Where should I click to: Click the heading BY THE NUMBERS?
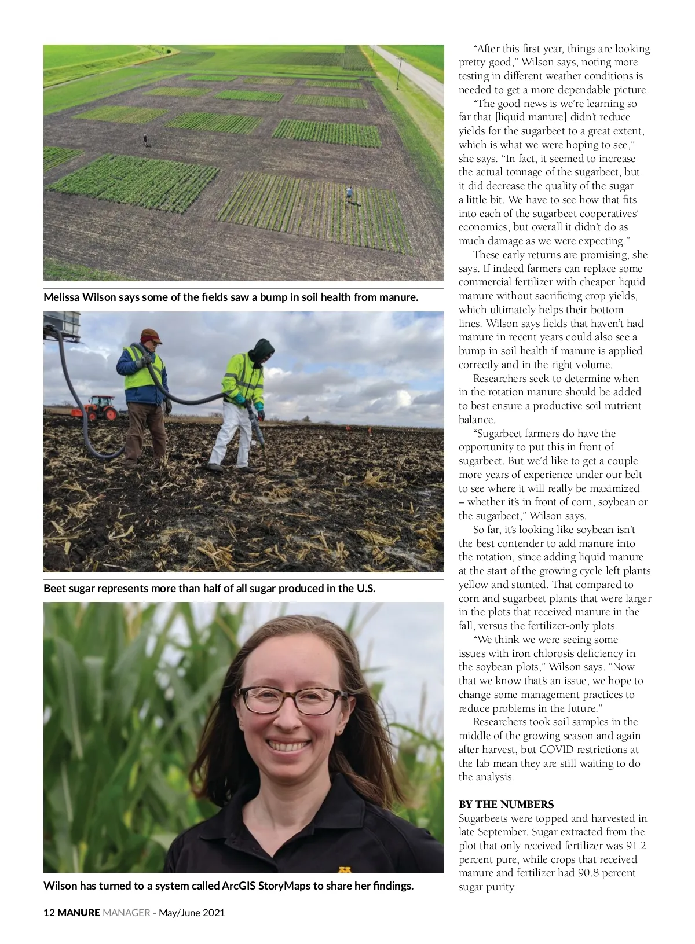pos(506,804)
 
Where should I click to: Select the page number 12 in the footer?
pos(49,913)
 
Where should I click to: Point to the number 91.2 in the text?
pos(636,846)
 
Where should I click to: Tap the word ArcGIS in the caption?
pos(239,886)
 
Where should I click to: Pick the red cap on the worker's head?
pos(151,335)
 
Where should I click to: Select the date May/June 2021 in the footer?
pos(191,913)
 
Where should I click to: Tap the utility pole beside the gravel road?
pos(399,72)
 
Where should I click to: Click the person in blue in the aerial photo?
pos(349,193)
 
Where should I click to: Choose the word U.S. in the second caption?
pos(365,589)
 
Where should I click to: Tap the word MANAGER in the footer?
pos(126,913)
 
